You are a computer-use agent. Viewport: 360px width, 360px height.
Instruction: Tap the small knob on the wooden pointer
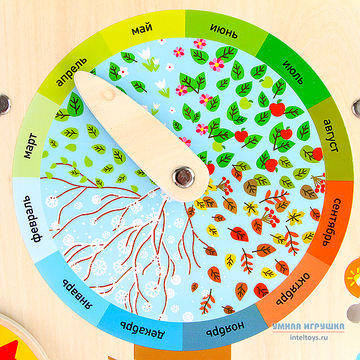[108, 95]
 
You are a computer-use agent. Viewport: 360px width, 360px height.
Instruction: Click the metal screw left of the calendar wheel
[5, 103]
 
